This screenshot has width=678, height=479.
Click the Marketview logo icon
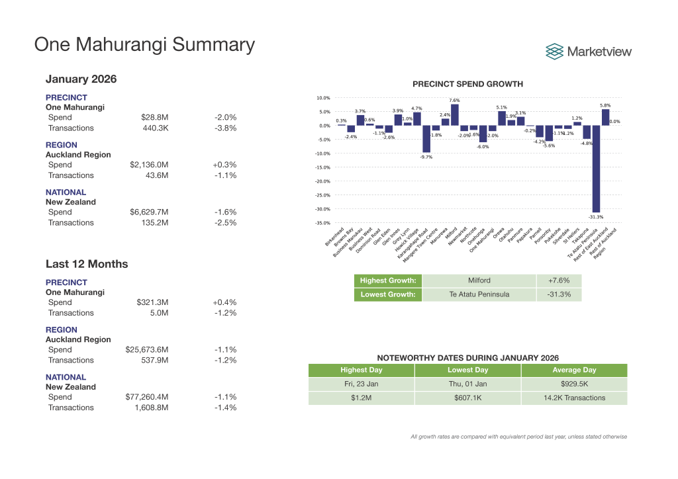click(555, 51)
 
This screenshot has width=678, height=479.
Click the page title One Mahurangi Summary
click(144, 44)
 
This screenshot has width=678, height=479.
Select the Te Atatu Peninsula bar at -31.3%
click(596, 169)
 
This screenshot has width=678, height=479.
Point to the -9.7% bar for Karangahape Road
click(426, 139)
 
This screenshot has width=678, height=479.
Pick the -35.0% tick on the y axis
click(322, 224)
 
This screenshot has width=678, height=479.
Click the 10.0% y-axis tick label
click(323, 98)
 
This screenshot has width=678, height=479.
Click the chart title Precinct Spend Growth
click(467, 84)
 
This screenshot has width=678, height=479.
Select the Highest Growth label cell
click(388, 281)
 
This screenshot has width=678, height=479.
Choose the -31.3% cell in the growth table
click(558, 294)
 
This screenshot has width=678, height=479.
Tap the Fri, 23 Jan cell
click(361, 384)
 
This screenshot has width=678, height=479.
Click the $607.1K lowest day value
click(467, 398)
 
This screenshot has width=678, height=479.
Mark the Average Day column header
click(574, 370)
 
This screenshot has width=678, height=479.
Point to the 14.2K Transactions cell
click(574, 398)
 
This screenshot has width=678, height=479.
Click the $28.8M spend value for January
click(155, 117)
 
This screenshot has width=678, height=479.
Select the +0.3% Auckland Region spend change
click(225, 165)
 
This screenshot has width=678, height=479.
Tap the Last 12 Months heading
click(87, 264)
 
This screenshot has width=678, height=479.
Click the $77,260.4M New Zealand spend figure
click(147, 397)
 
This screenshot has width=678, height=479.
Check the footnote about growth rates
click(518, 437)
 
